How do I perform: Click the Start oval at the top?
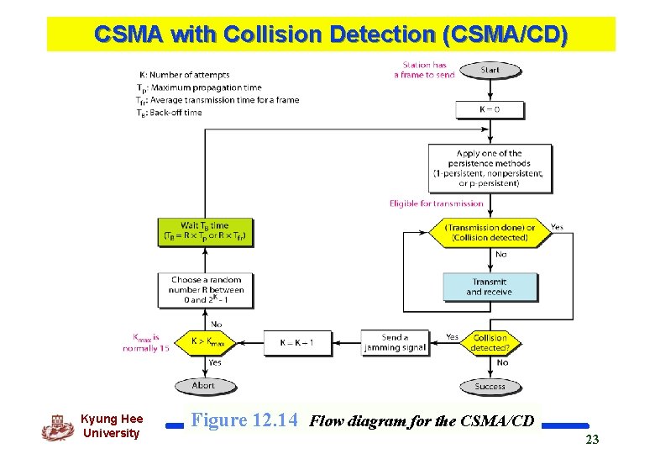pos(490,71)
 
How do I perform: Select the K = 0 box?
pos(490,109)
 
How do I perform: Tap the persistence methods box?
pos(490,168)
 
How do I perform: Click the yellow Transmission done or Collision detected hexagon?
pos(490,232)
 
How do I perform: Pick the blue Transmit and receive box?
pos(490,287)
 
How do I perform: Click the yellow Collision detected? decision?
pos(490,342)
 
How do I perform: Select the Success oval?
pos(490,386)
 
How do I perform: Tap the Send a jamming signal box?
pos(395,342)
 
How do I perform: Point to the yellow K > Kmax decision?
pos(205,342)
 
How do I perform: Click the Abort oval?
pos(204,385)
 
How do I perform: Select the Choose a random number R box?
pos(205,289)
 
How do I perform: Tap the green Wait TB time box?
pos(205,231)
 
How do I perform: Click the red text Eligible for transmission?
pos(436,203)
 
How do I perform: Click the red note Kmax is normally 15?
pos(147,342)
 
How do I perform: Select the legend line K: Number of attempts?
pos(183,76)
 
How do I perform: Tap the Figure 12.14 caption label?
pos(244,420)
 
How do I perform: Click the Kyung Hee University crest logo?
pos(57,427)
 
